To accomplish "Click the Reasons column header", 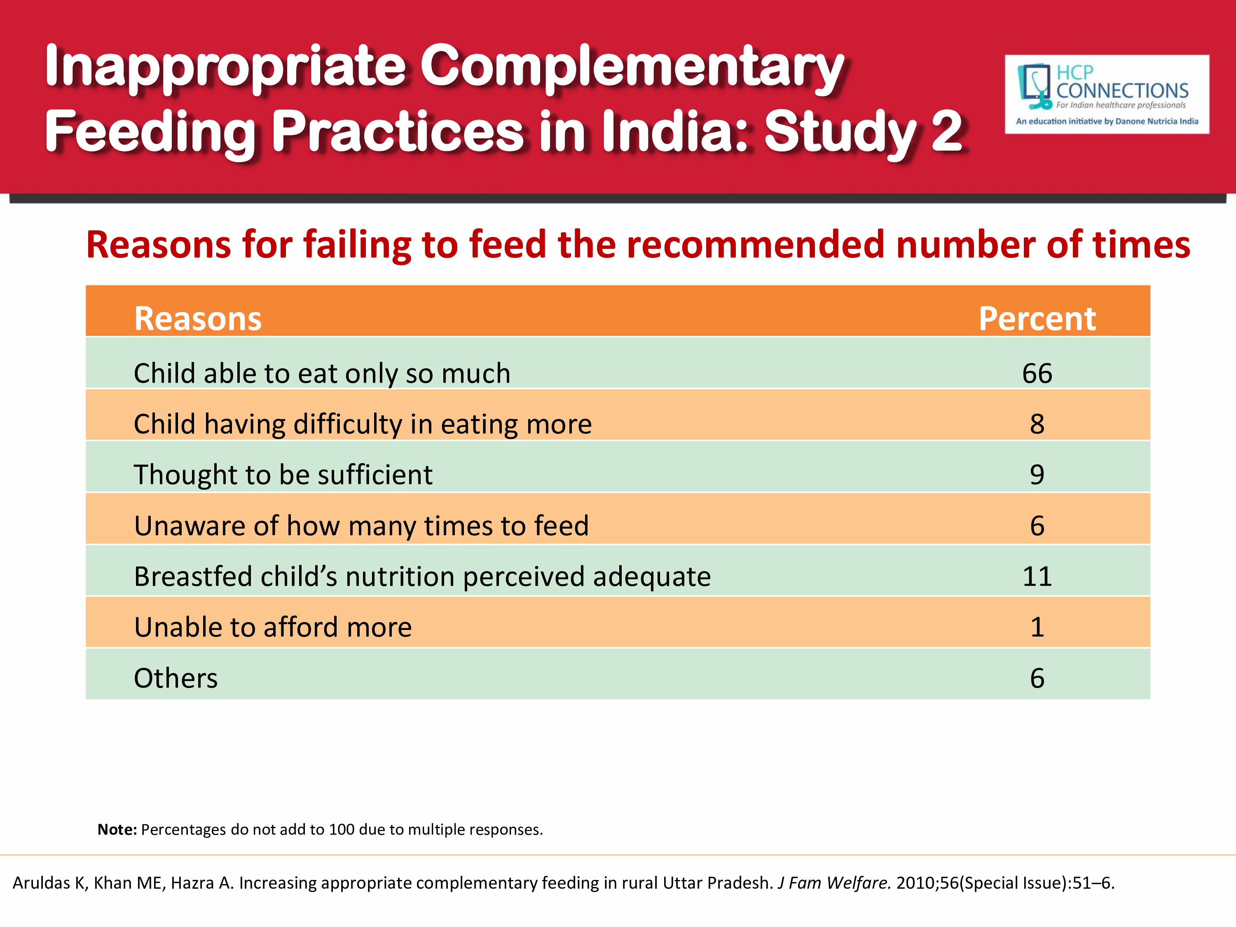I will click(x=198, y=318).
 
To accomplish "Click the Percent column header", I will click(x=1037, y=318).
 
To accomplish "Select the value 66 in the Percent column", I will click(x=1037, y=373).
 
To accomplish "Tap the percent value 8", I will click(x=1037, y=424).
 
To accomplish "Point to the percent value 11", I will click(x=1037, y=576).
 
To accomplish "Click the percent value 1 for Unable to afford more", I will click(x=1037, y=627).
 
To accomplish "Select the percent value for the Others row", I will click(x=1037, y=678).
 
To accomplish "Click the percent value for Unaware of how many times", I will click(x=1037, y=526).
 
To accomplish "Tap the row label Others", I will click(x=176, y=678).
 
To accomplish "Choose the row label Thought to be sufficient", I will click(x=283, y=475).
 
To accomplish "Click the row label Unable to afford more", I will click(x=273, y=627).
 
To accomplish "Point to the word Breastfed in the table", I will click(x=193, y=576).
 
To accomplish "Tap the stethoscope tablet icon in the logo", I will click(x=1034, y=87).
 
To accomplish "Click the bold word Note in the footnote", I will click(x=116, y=829).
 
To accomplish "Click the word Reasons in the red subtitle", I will click(x=158, y=245).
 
